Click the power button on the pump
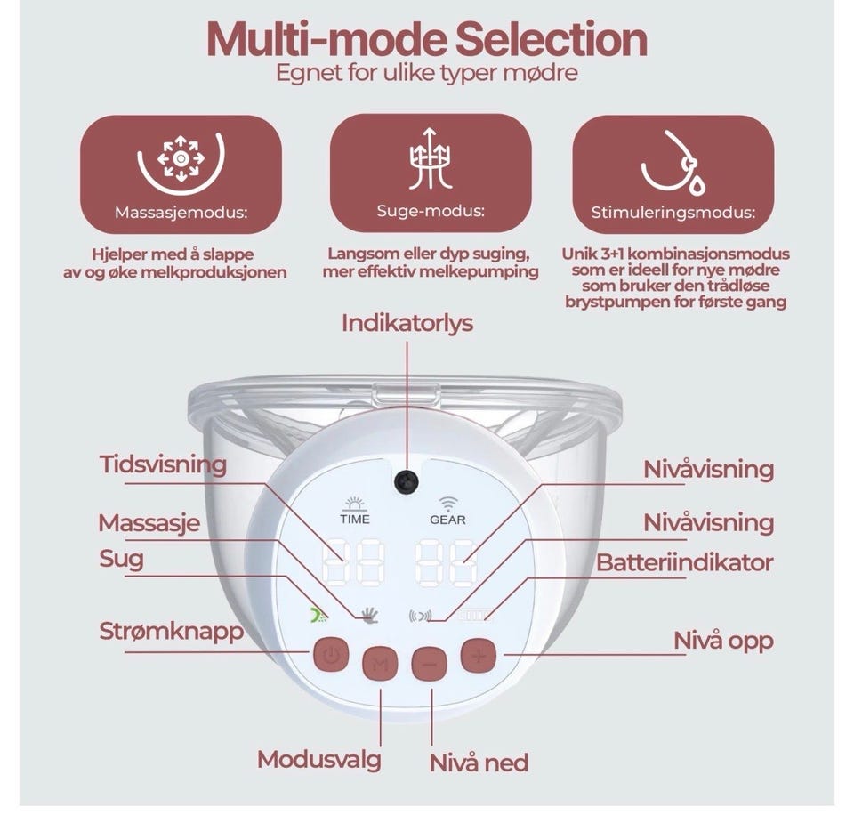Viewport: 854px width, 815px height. (x=330, y=654)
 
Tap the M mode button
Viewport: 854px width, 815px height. (x=380, y=664)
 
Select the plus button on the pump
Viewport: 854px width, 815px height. (x=479, y=656)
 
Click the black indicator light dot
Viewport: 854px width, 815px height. (x=407, y=481)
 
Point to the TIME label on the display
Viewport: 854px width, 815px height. (x=355, y=520)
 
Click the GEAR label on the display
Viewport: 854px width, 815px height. (x=447, y=520)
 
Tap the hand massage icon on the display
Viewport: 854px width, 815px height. (x=370, y=615)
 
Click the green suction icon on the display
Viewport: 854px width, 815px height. (x=319, y=615)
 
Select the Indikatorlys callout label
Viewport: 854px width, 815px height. (x=407, y=323)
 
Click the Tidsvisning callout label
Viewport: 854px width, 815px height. (x=163, y=464)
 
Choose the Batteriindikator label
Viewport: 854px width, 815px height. (x=685, y=563)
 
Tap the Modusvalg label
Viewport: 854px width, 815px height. (x=319, y=760)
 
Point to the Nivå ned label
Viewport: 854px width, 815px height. (x=479, y=763)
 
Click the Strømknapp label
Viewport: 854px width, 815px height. (x=171, y=632)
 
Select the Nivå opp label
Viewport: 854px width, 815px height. (x=723, y=641)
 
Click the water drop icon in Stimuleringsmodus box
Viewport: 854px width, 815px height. (x=697, y=185)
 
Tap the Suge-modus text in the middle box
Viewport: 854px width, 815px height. (x=431, y=211)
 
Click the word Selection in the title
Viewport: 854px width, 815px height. (x=552, y=39)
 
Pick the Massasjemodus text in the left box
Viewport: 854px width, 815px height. (x=181, y=212)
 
